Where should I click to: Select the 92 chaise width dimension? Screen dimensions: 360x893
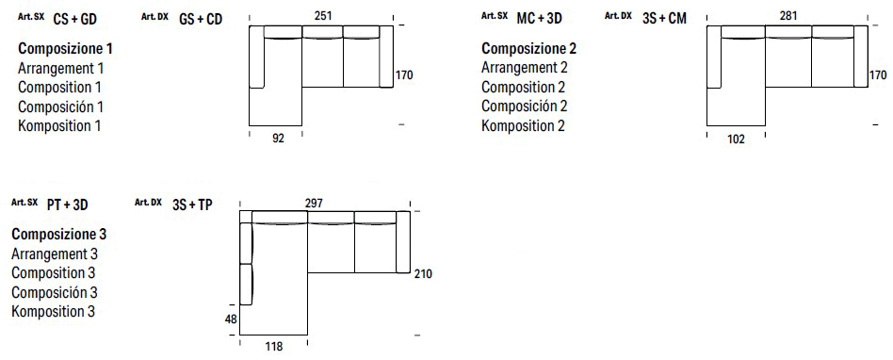click(277, 139)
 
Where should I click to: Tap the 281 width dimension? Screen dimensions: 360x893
click(790, 14)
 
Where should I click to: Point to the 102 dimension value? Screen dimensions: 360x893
click(737, 140)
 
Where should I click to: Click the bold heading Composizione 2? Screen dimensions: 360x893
click(528, 48)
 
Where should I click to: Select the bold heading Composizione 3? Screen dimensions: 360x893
click(58, 234)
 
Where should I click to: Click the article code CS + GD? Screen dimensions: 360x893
click(75, 19)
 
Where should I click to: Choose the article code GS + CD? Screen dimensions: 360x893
click(201, 19)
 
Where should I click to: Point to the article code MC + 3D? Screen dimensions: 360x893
click(539, 19)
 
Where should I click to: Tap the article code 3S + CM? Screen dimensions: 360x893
click(664, 19)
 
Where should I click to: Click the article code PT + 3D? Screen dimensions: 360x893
click(67, 205)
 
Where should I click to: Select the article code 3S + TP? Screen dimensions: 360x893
click(192, 205)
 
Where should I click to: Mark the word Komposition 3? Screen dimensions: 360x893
click(53, 311)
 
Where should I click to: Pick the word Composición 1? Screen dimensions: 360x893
click(60, 106)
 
